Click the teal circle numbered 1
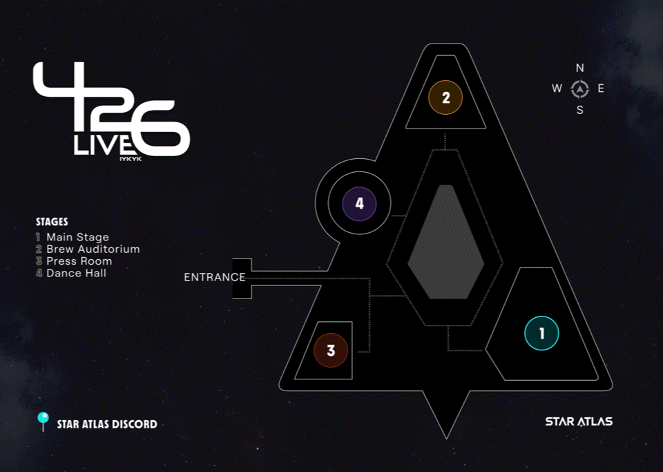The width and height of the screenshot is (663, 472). pyautogui.click(x=541, y=334)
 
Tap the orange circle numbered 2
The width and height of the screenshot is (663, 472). pyautogui.click(x=445, y=97)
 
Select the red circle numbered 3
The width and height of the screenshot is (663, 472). pyautogui.click(x=331, y=350)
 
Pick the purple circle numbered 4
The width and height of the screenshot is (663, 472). pyautogui.click(x=359, y=204)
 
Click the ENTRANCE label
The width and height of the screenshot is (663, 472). pyautogui.click(x=214, y=278)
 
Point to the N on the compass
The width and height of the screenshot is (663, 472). pyautogui.click(x=580, y=68)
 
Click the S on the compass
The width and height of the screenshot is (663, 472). pyautogui.click(x=580, y=110)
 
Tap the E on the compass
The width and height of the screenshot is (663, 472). pyautogui.click(x=601, y=88)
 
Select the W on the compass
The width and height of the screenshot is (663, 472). pyautogui.click(x=557, y=88)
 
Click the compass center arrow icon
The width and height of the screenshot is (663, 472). pyautogui.click(x=580, y=88)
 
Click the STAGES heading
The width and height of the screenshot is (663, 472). pyautogui.click(x=52, y=222)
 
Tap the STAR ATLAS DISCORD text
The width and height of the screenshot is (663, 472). pyautogui.click(x=107, y=424)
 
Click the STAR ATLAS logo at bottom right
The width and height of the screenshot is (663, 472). pyautogui.click(x=579, y=422)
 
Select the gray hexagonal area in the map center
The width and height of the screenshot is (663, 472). pyautogui.click(x=445, y=242)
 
